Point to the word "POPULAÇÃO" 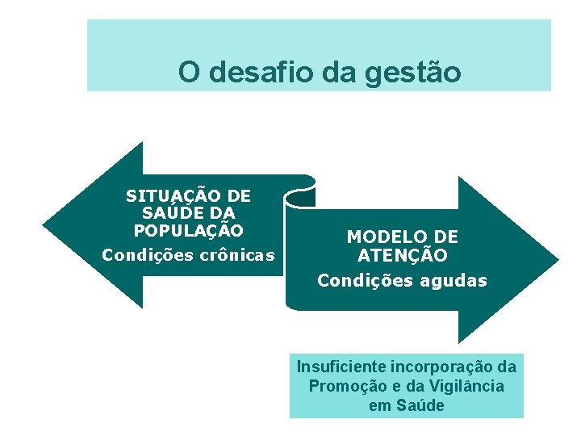coord(188,229)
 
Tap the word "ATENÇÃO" coord(402,255)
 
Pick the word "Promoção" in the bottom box coord(341,386)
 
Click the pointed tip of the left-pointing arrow coord(45,224)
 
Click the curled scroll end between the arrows coord(299,195)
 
